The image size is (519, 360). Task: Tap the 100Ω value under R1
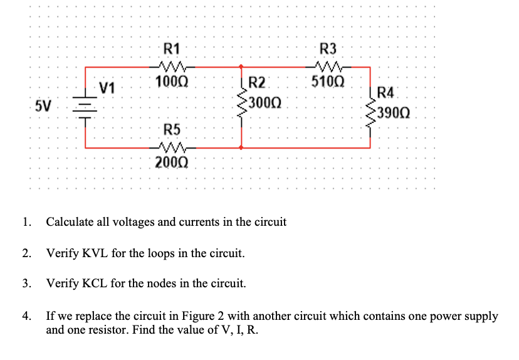point(171,82)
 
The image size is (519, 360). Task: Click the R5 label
point(171,130)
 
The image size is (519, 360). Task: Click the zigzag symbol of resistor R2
point(241,103)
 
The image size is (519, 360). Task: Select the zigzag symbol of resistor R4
point(370,114)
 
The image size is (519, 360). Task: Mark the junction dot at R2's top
point(242,65)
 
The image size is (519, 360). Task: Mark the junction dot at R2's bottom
point(242,147)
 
